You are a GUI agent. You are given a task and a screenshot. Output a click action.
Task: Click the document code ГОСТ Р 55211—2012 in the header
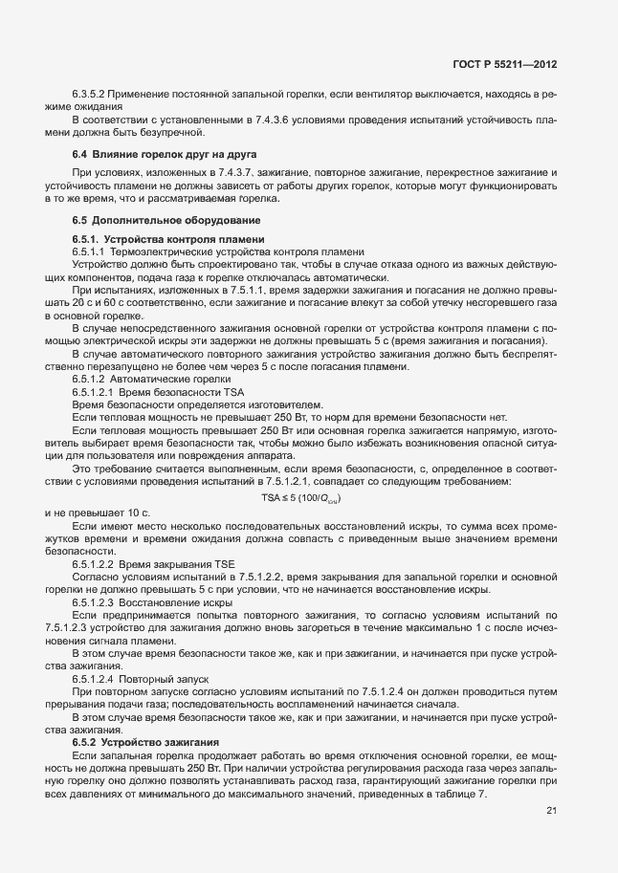[505, 64]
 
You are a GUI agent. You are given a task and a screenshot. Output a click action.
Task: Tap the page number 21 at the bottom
[552, 812]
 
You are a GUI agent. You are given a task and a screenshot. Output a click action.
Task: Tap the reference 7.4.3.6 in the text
[265, 120]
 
